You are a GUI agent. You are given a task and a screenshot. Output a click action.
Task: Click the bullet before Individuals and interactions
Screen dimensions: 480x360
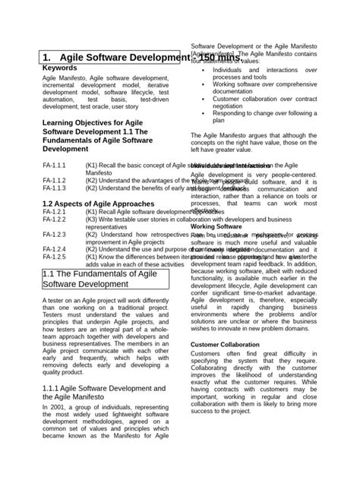[x=202, y=70]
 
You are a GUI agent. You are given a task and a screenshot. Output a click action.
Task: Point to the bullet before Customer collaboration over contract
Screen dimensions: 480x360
[x=202, y=99]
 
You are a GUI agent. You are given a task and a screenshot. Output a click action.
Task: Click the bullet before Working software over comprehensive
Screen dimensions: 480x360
[x=202, y=84]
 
